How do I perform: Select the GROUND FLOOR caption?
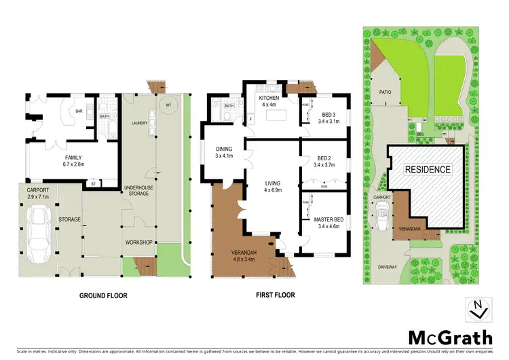point(103,295)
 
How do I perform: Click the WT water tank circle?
point(168,106)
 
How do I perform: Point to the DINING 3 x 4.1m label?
point(224,152)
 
